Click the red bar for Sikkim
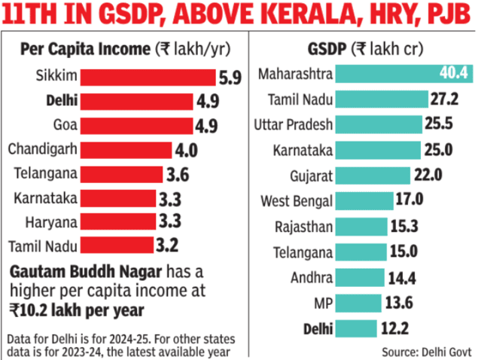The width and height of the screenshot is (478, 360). tap(148, 77)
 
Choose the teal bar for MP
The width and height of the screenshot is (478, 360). tap(358, 303)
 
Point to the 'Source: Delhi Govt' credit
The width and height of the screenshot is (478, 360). tap(427, 350)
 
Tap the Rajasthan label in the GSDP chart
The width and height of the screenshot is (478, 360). tap(304, 226)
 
